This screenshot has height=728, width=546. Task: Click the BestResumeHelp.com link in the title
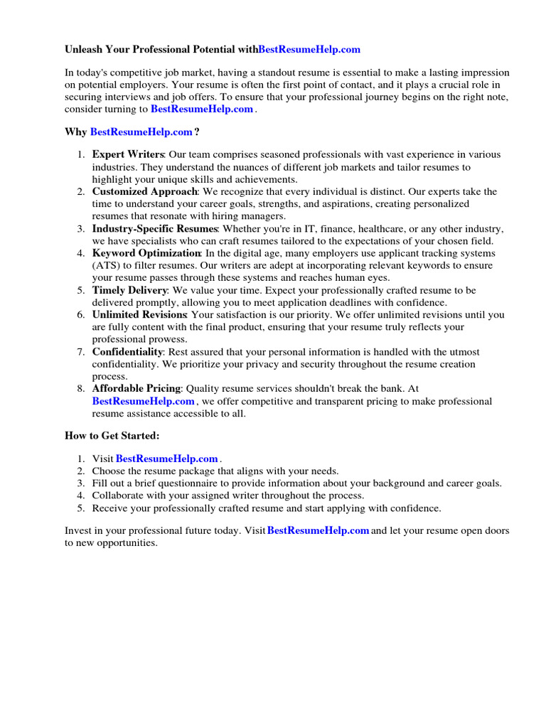tap(309, 50)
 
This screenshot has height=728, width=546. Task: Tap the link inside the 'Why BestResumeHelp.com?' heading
tap(141, 132)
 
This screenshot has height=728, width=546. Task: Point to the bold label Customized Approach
tap(145, 191)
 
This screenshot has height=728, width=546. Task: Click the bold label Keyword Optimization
tap(146, 253)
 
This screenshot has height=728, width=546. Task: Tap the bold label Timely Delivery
tap(130, 290)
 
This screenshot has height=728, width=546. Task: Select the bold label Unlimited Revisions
tap(139, 315)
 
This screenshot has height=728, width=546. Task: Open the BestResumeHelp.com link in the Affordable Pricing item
tap(143, 401)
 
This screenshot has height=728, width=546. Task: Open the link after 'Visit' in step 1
tap(167, 459)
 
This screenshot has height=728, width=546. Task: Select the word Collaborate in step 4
tap(117, 496)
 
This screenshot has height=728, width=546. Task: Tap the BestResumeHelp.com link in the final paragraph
tap(318, 531)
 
